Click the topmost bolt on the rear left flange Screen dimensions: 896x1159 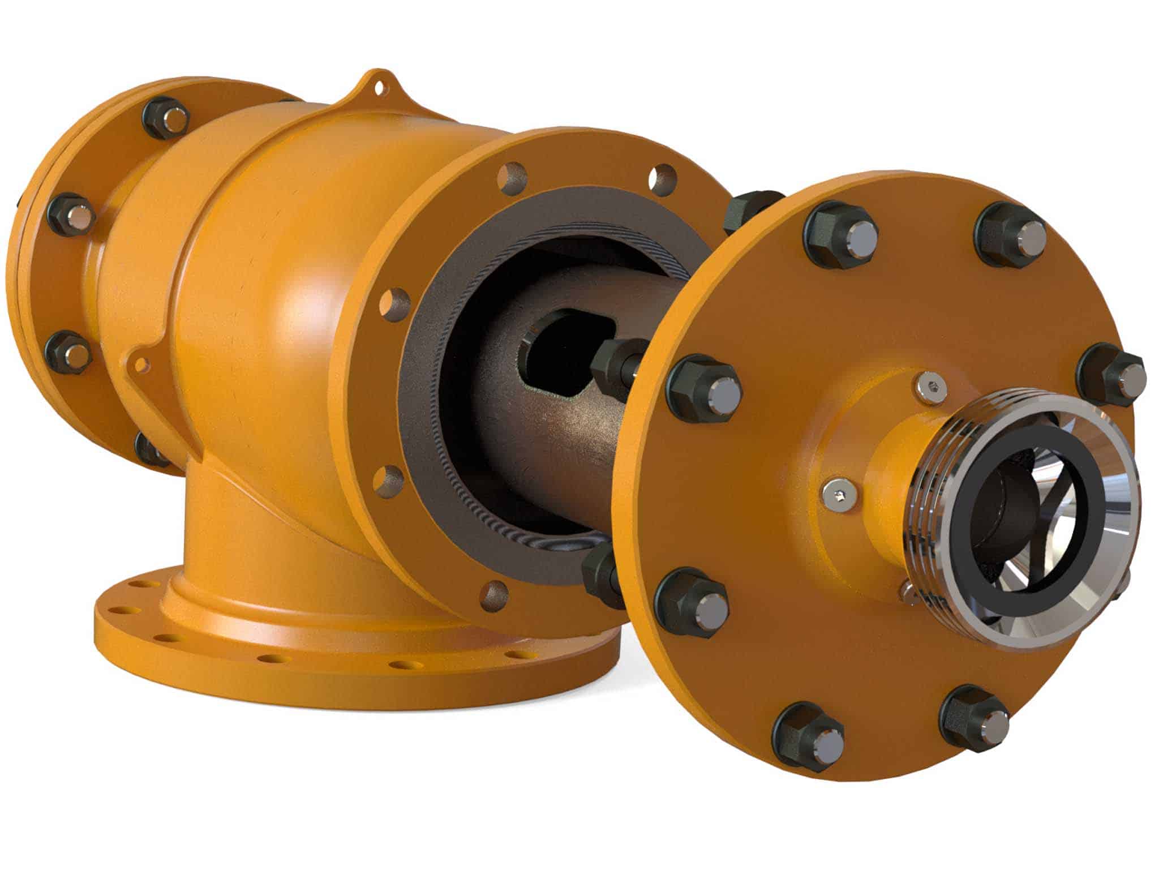click(x=166, y=118)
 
